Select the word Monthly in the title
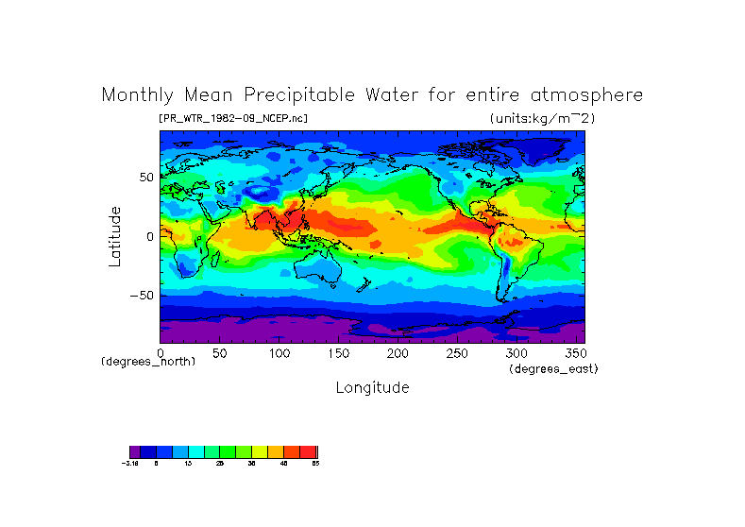tap(138, 95)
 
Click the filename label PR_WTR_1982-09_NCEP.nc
tap(233, 118)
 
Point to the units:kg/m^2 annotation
tap(542, 118)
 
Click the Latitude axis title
tap(114, 236)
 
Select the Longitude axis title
tap(372, 387)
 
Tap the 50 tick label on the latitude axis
tap(146, 178)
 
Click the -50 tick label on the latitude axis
tap(143, 296)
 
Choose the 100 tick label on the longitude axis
tap(279, 353)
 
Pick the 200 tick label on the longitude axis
tap(398, 353)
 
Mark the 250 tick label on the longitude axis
tap(457, 353)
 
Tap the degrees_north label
tap(148, 362)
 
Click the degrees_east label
tap(553, 369)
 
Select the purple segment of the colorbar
tap(135, 451)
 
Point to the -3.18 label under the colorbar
tap(129, 464)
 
